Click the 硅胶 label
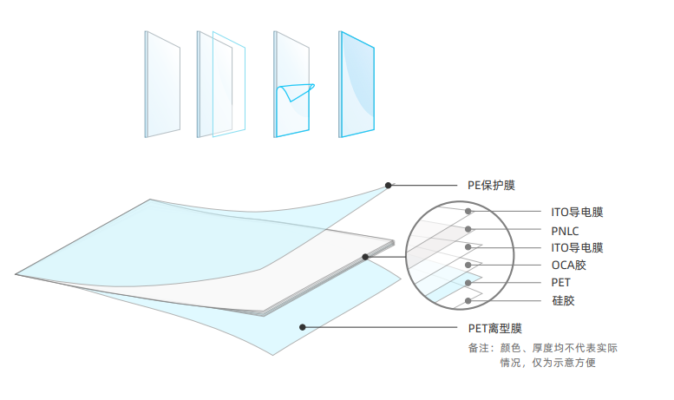tap(563, 301)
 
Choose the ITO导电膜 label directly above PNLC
tap(577, 212)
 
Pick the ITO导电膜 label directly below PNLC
tap(577, 247)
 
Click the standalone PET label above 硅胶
tap(561, 283)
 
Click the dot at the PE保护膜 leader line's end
tap(389, 185)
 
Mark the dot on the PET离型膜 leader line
tap(302, 327)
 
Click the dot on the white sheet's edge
tap(365, 257)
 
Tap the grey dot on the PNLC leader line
tap(468, 229)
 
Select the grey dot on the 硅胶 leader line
tap(468, 301)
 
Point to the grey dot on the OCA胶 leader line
tap(468, 265)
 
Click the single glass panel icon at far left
tap(162, 83)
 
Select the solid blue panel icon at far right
tap(357, 83)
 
